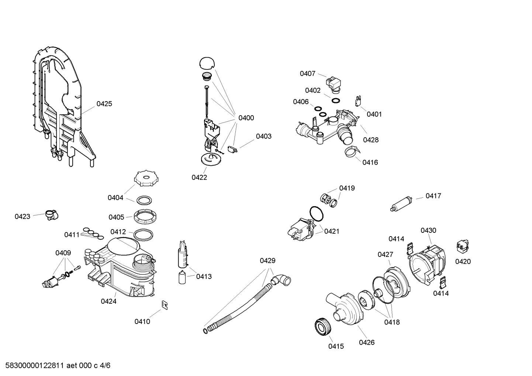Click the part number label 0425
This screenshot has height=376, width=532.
coord(104,104)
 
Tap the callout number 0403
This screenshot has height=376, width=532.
coord(263,136)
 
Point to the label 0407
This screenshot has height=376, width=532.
coord(307,73)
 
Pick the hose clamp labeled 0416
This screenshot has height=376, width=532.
coord(352,152)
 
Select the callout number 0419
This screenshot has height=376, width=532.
coord(347,188)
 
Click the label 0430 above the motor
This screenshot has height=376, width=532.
coord(428,230)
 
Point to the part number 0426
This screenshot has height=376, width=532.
coord(367,342)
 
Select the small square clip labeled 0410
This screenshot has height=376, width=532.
coord(165,304)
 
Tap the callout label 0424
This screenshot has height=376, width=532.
coord(108,301)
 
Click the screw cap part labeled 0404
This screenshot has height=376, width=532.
coord(145,179)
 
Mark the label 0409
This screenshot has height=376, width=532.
coord(63,253)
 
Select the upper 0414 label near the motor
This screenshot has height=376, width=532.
coord(396,239)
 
